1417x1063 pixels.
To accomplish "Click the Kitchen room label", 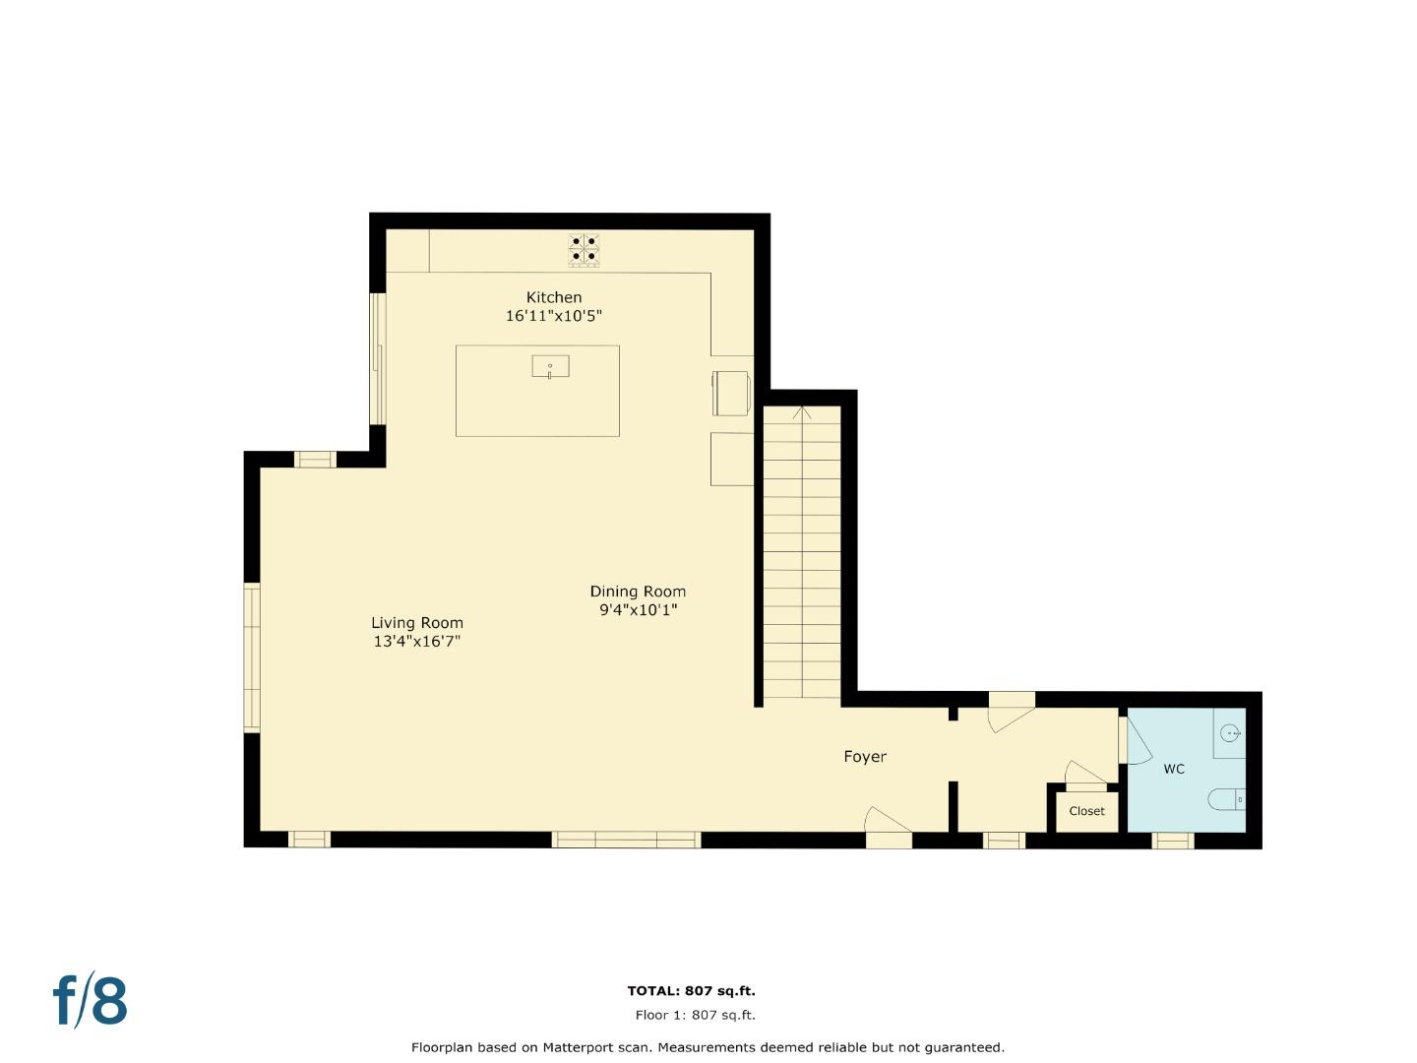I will [x=554, y=297].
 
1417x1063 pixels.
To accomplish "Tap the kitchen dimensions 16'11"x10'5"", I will [x=553, y=316].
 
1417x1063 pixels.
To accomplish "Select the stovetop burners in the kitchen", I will [x=584, y=249].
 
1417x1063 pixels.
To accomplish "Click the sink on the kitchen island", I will [x=550, y=367].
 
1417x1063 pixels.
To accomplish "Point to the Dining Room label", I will [x=638, y=592].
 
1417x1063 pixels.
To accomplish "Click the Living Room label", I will [x=416, y=623].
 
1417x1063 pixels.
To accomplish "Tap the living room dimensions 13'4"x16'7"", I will [x=416, y=642].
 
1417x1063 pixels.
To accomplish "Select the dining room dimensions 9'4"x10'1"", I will [x=638, y=610].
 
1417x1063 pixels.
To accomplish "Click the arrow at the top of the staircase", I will [x=803, y=412].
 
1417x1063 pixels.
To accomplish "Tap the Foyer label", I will [x=865, y=757].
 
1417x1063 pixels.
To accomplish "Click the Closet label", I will [x=1086, y=811].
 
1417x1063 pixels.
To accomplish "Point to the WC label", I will [x=1174, y=769].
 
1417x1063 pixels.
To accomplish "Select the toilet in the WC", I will [x=1228, y=799].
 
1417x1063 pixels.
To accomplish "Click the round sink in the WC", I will [x=1230, y=733].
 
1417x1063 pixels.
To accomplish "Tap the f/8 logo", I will [x=90, y=1001].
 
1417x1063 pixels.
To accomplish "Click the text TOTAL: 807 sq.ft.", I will [x=691, y=991].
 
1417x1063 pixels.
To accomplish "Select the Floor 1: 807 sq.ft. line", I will [x=695, y=1015].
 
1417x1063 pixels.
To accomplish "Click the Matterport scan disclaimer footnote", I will [x=708, y=1047].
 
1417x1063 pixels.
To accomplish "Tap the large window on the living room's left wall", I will [x=252, y=657].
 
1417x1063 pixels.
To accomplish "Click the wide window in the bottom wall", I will [x=626, y=840].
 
